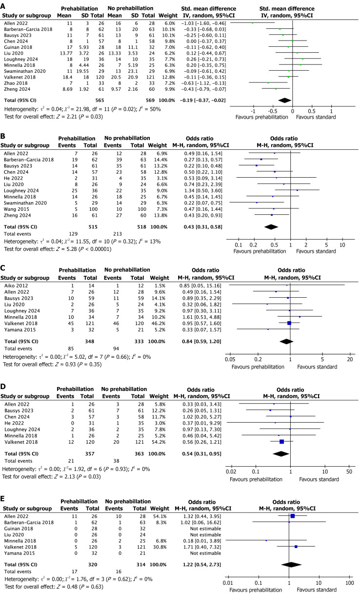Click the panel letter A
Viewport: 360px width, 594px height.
pos(3,4)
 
